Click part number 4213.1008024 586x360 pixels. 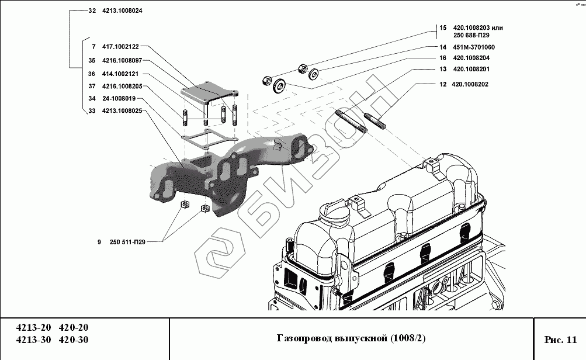122,11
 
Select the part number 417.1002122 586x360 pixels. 120,46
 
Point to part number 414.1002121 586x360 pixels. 120,74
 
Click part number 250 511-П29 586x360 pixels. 127,242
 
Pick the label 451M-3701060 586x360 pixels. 474,47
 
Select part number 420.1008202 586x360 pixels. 470,84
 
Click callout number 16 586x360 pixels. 442,58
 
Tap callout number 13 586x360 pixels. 442,69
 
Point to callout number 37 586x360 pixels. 92,86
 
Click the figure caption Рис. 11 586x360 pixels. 560,339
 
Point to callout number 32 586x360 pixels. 92,11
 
